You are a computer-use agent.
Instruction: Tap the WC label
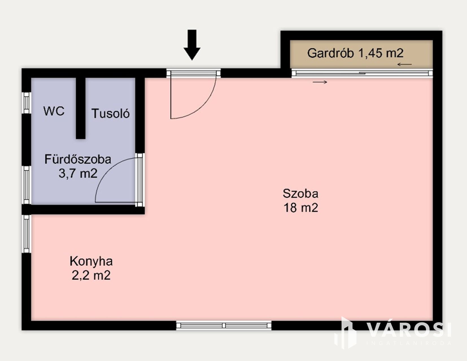[54, 111]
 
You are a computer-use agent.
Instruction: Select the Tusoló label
[110, 113]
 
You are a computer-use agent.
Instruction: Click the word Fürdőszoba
[78, 159]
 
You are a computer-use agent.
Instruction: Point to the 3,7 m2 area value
[78, 173]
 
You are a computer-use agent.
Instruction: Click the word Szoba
[300, 193]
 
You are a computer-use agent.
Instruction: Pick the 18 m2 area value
[301, 208]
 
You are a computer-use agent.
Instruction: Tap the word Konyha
[91, 261]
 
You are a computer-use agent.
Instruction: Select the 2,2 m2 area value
[91, 275]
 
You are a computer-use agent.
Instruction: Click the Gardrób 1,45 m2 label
[355, 53]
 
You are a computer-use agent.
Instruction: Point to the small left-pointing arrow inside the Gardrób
[405, 64]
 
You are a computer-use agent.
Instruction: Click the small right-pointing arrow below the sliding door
[320, 82]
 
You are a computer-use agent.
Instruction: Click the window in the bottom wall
[224, 325]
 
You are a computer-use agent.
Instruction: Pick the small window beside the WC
[27, 103]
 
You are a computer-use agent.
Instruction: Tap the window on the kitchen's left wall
[27, 234]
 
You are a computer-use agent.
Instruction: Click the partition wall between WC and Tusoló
[80, 108]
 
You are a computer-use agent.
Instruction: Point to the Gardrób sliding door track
[362, 73]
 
